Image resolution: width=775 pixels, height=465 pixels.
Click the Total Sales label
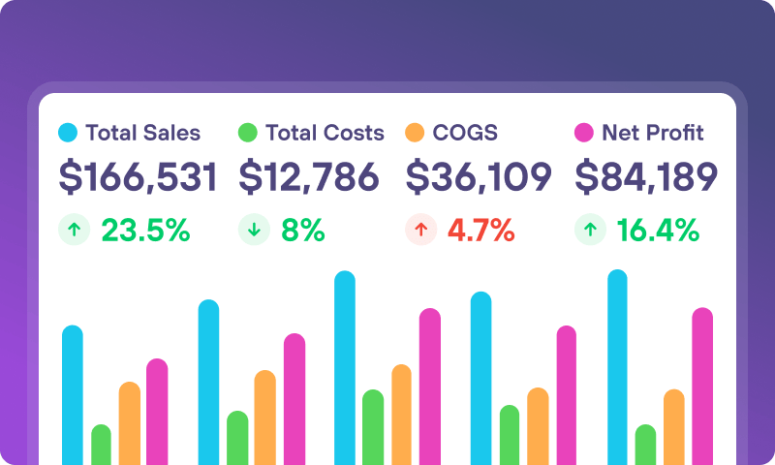tap(142, 133)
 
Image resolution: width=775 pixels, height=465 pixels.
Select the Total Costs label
tap(325, 133)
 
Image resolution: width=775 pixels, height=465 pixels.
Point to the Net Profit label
tap(652, 133)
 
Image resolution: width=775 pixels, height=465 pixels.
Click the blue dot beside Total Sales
tap(68, 133)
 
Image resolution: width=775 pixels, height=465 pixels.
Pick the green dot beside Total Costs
tap(248, 133)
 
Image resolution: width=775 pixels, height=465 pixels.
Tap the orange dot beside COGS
tap(415, 133)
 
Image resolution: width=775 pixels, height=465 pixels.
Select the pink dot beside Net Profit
tap(584, 133)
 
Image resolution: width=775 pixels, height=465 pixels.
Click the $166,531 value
tap(138, 177)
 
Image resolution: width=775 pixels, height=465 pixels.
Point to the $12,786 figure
tap(309, 177)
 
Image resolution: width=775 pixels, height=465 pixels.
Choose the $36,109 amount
tap(479, 177)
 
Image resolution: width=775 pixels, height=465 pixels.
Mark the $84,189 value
tap(646, 177)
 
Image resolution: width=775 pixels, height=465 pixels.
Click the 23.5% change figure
tap(145, 230)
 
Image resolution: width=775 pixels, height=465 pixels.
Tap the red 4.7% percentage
tap(480, 230)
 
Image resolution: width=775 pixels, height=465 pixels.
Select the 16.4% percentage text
tap(658, 230)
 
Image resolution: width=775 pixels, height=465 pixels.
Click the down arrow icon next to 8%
tap(253, 230)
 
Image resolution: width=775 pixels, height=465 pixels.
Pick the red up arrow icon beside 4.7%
tap(419, 230)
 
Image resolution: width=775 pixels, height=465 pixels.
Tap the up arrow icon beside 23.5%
tap(73, 230)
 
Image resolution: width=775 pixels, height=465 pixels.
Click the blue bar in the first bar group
tap(73, 397)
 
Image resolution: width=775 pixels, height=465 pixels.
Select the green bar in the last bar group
tap(645, 446)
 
